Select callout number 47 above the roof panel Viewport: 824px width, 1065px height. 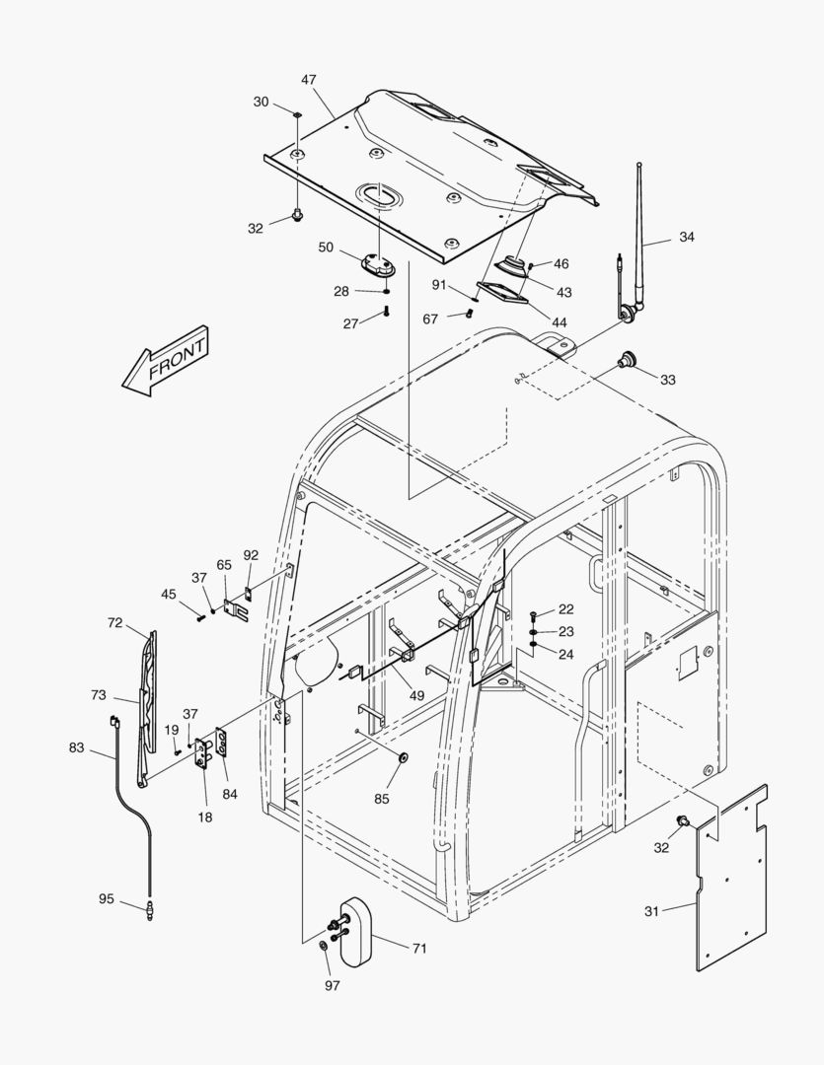click(x=309, y=78)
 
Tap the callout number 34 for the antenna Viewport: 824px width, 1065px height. click(x=687, y=237)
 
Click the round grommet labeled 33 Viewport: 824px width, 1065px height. click(x=624, y=360)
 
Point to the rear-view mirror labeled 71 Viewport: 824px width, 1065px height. click(x=352, y=931)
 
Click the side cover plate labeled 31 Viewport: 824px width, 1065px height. click(x=731, y=878)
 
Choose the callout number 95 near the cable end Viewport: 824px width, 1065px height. click(x=107, y=898)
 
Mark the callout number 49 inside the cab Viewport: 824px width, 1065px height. click(x=417, y=695)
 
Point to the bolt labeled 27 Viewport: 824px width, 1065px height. click(x=386, y=314)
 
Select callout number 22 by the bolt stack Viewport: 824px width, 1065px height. click(x=565, y=609)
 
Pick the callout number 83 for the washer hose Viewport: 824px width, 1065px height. click(x=77, y=748)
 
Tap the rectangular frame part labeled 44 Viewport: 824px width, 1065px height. click(x=501, y=292)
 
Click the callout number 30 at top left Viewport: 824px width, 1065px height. click(x=261, y=102)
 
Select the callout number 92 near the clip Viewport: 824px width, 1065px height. click(x=251, y=555)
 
